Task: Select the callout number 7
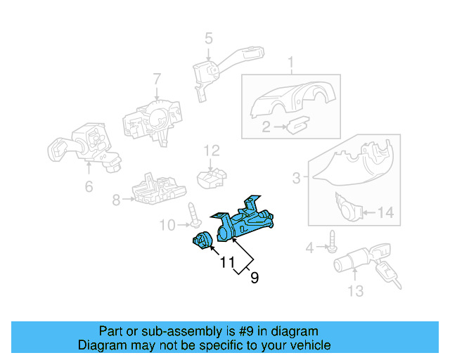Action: pyautogui.click(x=157, y=79)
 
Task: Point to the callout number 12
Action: pyautogui.click(x=212, y=150)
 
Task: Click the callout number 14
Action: pyautogui.click(x=386, y=212)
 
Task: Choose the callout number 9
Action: pyautogui.click(x=254, y=278)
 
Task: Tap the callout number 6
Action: pyautogui.click(x=89, y=186)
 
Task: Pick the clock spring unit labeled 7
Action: pyautogui.click(x=148, y=120)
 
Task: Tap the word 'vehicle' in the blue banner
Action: pyautogui.click(x=307, y=345)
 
